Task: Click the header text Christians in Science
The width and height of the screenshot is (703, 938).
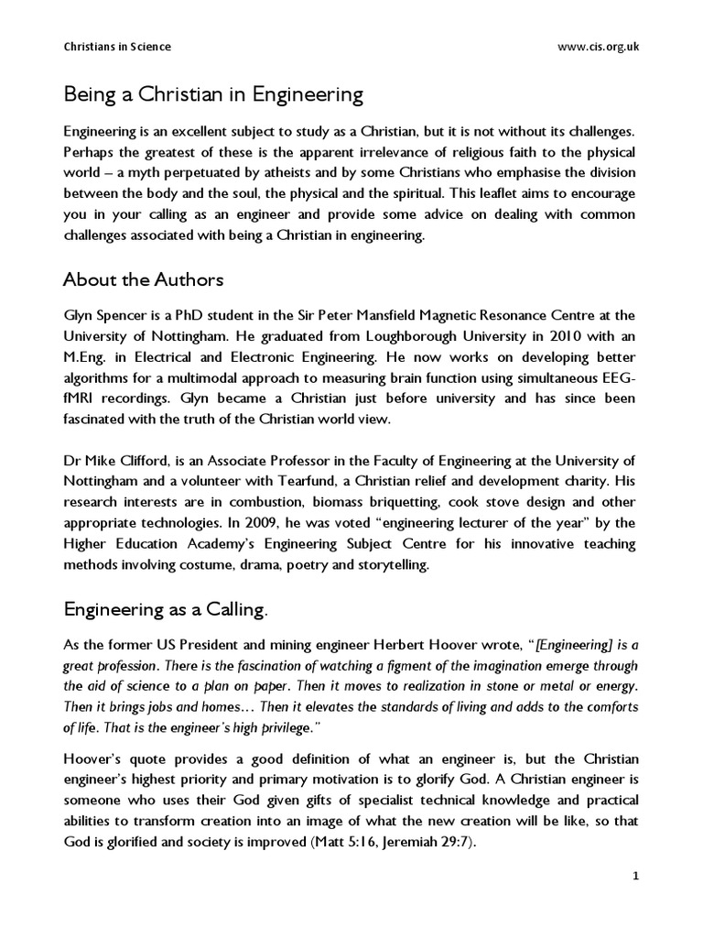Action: (116, 47)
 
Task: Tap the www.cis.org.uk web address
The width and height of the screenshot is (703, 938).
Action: (598, 47)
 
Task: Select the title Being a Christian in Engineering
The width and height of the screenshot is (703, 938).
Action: (213, 94)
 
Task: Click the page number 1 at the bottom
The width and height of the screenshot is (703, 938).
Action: (635, 877)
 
